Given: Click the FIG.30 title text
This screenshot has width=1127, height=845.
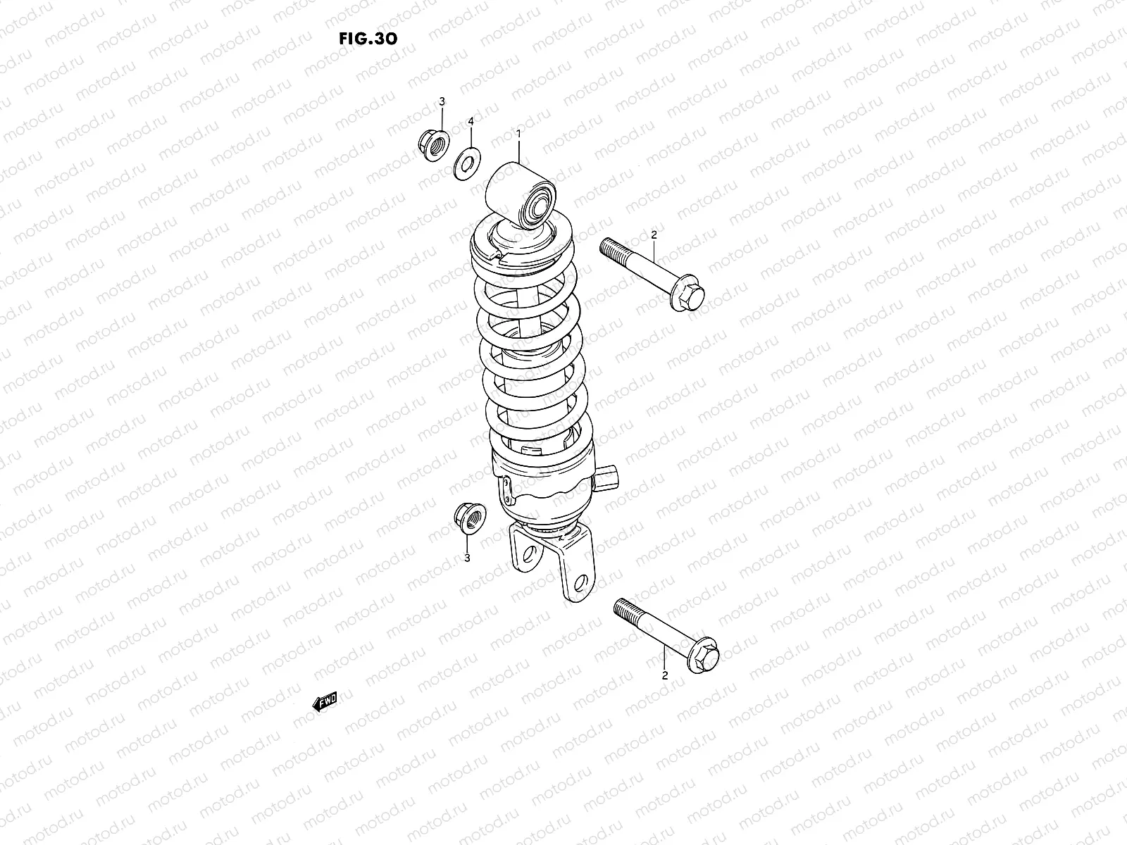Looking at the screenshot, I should (368, 38).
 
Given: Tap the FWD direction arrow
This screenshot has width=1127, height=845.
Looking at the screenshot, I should (325, 701).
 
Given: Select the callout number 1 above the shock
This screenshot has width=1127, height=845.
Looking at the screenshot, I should (518, 133).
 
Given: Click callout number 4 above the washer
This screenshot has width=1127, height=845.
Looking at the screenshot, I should (471, 122).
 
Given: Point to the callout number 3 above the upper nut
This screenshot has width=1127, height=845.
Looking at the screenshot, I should (442, 102).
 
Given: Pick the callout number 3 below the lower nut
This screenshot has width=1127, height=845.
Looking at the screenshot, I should (467, 558).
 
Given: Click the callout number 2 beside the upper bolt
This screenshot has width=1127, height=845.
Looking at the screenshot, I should (654, 234).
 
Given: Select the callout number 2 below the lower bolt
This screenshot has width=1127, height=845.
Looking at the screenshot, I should (664, 675).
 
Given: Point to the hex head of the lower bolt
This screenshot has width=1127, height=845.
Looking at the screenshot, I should (704, 657).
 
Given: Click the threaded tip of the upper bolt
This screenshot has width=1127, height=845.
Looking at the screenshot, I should (611, 249).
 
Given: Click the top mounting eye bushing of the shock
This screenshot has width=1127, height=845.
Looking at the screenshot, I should (539, 203).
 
